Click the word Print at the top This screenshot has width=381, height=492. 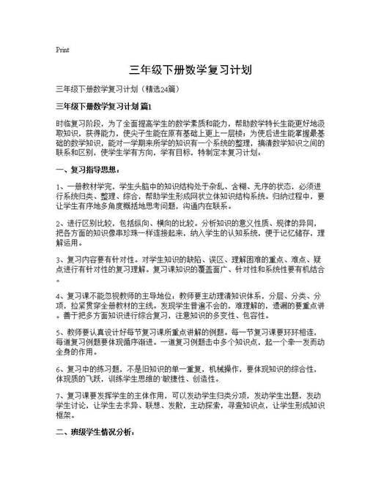[x=62, y=50]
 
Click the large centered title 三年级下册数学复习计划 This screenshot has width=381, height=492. [x=190, y=71]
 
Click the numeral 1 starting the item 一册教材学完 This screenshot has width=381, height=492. [x=58, y=187]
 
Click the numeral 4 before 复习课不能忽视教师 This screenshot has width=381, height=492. [x=58, y=295]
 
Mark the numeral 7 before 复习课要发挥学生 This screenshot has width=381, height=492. [x=58, y=396]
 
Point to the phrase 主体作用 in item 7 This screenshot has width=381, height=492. [x=149, y=396]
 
